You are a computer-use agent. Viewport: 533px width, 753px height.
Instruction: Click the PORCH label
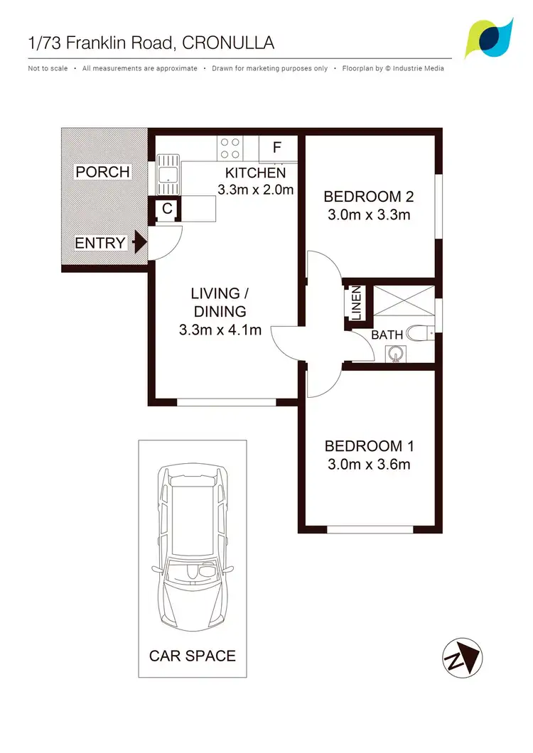click(103, 172)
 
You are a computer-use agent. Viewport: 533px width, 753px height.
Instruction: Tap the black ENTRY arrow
click(140, 242)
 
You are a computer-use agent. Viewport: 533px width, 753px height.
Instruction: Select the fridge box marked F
click(277, 148)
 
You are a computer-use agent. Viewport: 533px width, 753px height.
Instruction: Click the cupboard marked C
click(166, 209)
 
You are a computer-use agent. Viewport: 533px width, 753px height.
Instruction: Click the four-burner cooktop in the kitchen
click(230, 147)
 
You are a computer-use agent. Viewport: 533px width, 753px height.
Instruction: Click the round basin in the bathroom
click(395, 352)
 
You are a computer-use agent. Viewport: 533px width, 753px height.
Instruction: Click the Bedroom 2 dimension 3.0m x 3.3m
click(369, 215)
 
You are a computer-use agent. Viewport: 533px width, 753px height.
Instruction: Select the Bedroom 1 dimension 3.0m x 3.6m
click(369, 465)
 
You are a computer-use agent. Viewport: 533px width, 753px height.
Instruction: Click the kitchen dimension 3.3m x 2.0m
click(255, 190)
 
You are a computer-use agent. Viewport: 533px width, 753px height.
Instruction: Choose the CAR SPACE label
click(192, 655)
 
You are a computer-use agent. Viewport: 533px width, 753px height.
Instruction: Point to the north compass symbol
click(462, 656)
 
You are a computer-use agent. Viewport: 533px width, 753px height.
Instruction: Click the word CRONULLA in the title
click(228, 43)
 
